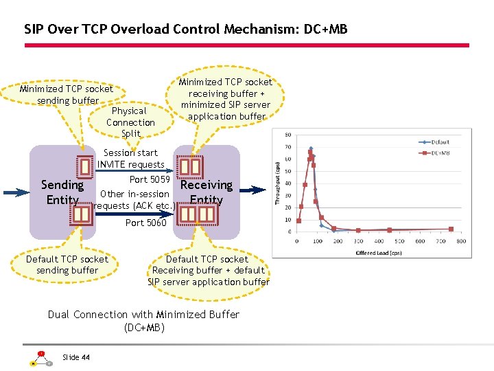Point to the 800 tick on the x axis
pos(461,241)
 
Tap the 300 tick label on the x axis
pos(358,241)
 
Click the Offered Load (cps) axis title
pos(375,252)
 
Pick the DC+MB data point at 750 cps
pos(451,229)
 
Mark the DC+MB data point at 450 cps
pos(389,230)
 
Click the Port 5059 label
pos(150,179)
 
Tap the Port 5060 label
pos(145,223)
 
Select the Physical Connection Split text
pos(130,122)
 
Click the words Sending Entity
pos(62,192)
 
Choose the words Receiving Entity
pos(206,192)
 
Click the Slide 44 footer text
pos(76,357)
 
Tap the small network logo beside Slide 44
pos(40,358)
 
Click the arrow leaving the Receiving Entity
pos(255,190)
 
